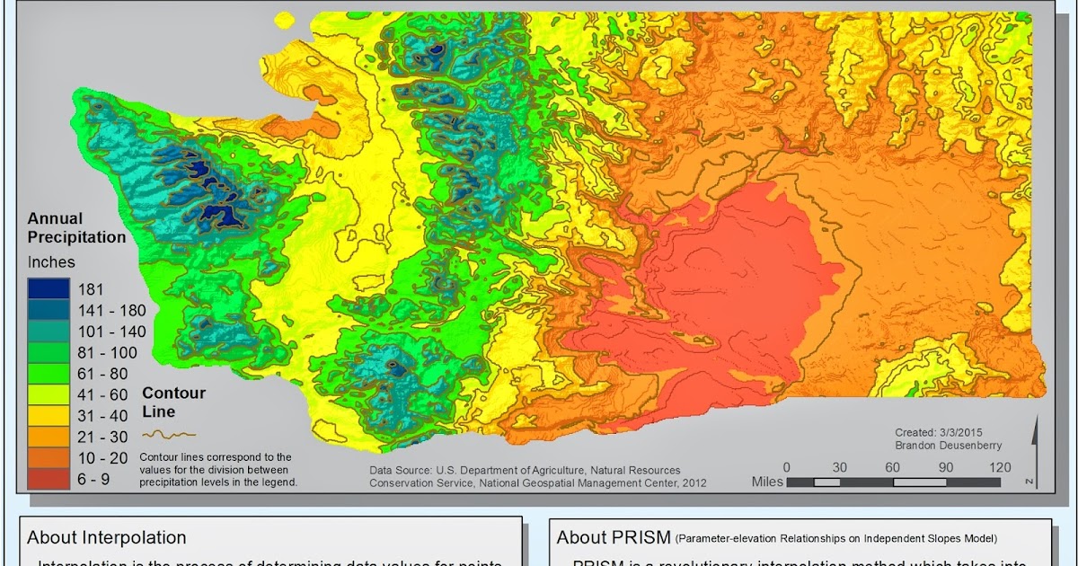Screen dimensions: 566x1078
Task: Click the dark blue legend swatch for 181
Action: tap(49, 289)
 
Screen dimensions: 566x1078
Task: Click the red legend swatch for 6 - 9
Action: tap(49, 479)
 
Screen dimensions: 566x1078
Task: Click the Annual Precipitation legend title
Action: tap(76, 228)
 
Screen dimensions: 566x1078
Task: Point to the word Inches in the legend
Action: tap(51, 262)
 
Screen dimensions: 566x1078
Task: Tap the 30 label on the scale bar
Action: tap(840, 467)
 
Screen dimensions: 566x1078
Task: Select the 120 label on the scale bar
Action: tap(999, 467)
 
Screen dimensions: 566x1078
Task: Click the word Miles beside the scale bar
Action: tap(768, 482)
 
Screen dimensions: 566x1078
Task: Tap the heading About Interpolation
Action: tap(107, 537)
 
